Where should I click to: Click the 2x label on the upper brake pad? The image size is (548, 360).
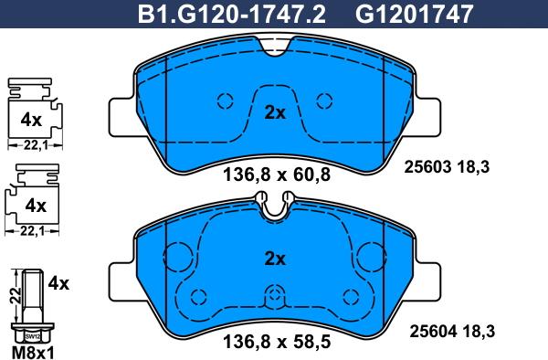point(275,113)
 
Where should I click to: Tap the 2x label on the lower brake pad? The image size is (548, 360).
point(275,259)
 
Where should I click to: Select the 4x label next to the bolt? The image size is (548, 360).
point(58,283)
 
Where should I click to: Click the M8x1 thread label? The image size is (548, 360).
point(33,350)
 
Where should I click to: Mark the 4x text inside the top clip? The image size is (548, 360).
point(32,119)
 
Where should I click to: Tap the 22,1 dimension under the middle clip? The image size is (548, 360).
point(32,229)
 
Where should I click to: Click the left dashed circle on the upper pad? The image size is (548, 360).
point(226,101)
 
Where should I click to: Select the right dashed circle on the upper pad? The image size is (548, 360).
point(322,101)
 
